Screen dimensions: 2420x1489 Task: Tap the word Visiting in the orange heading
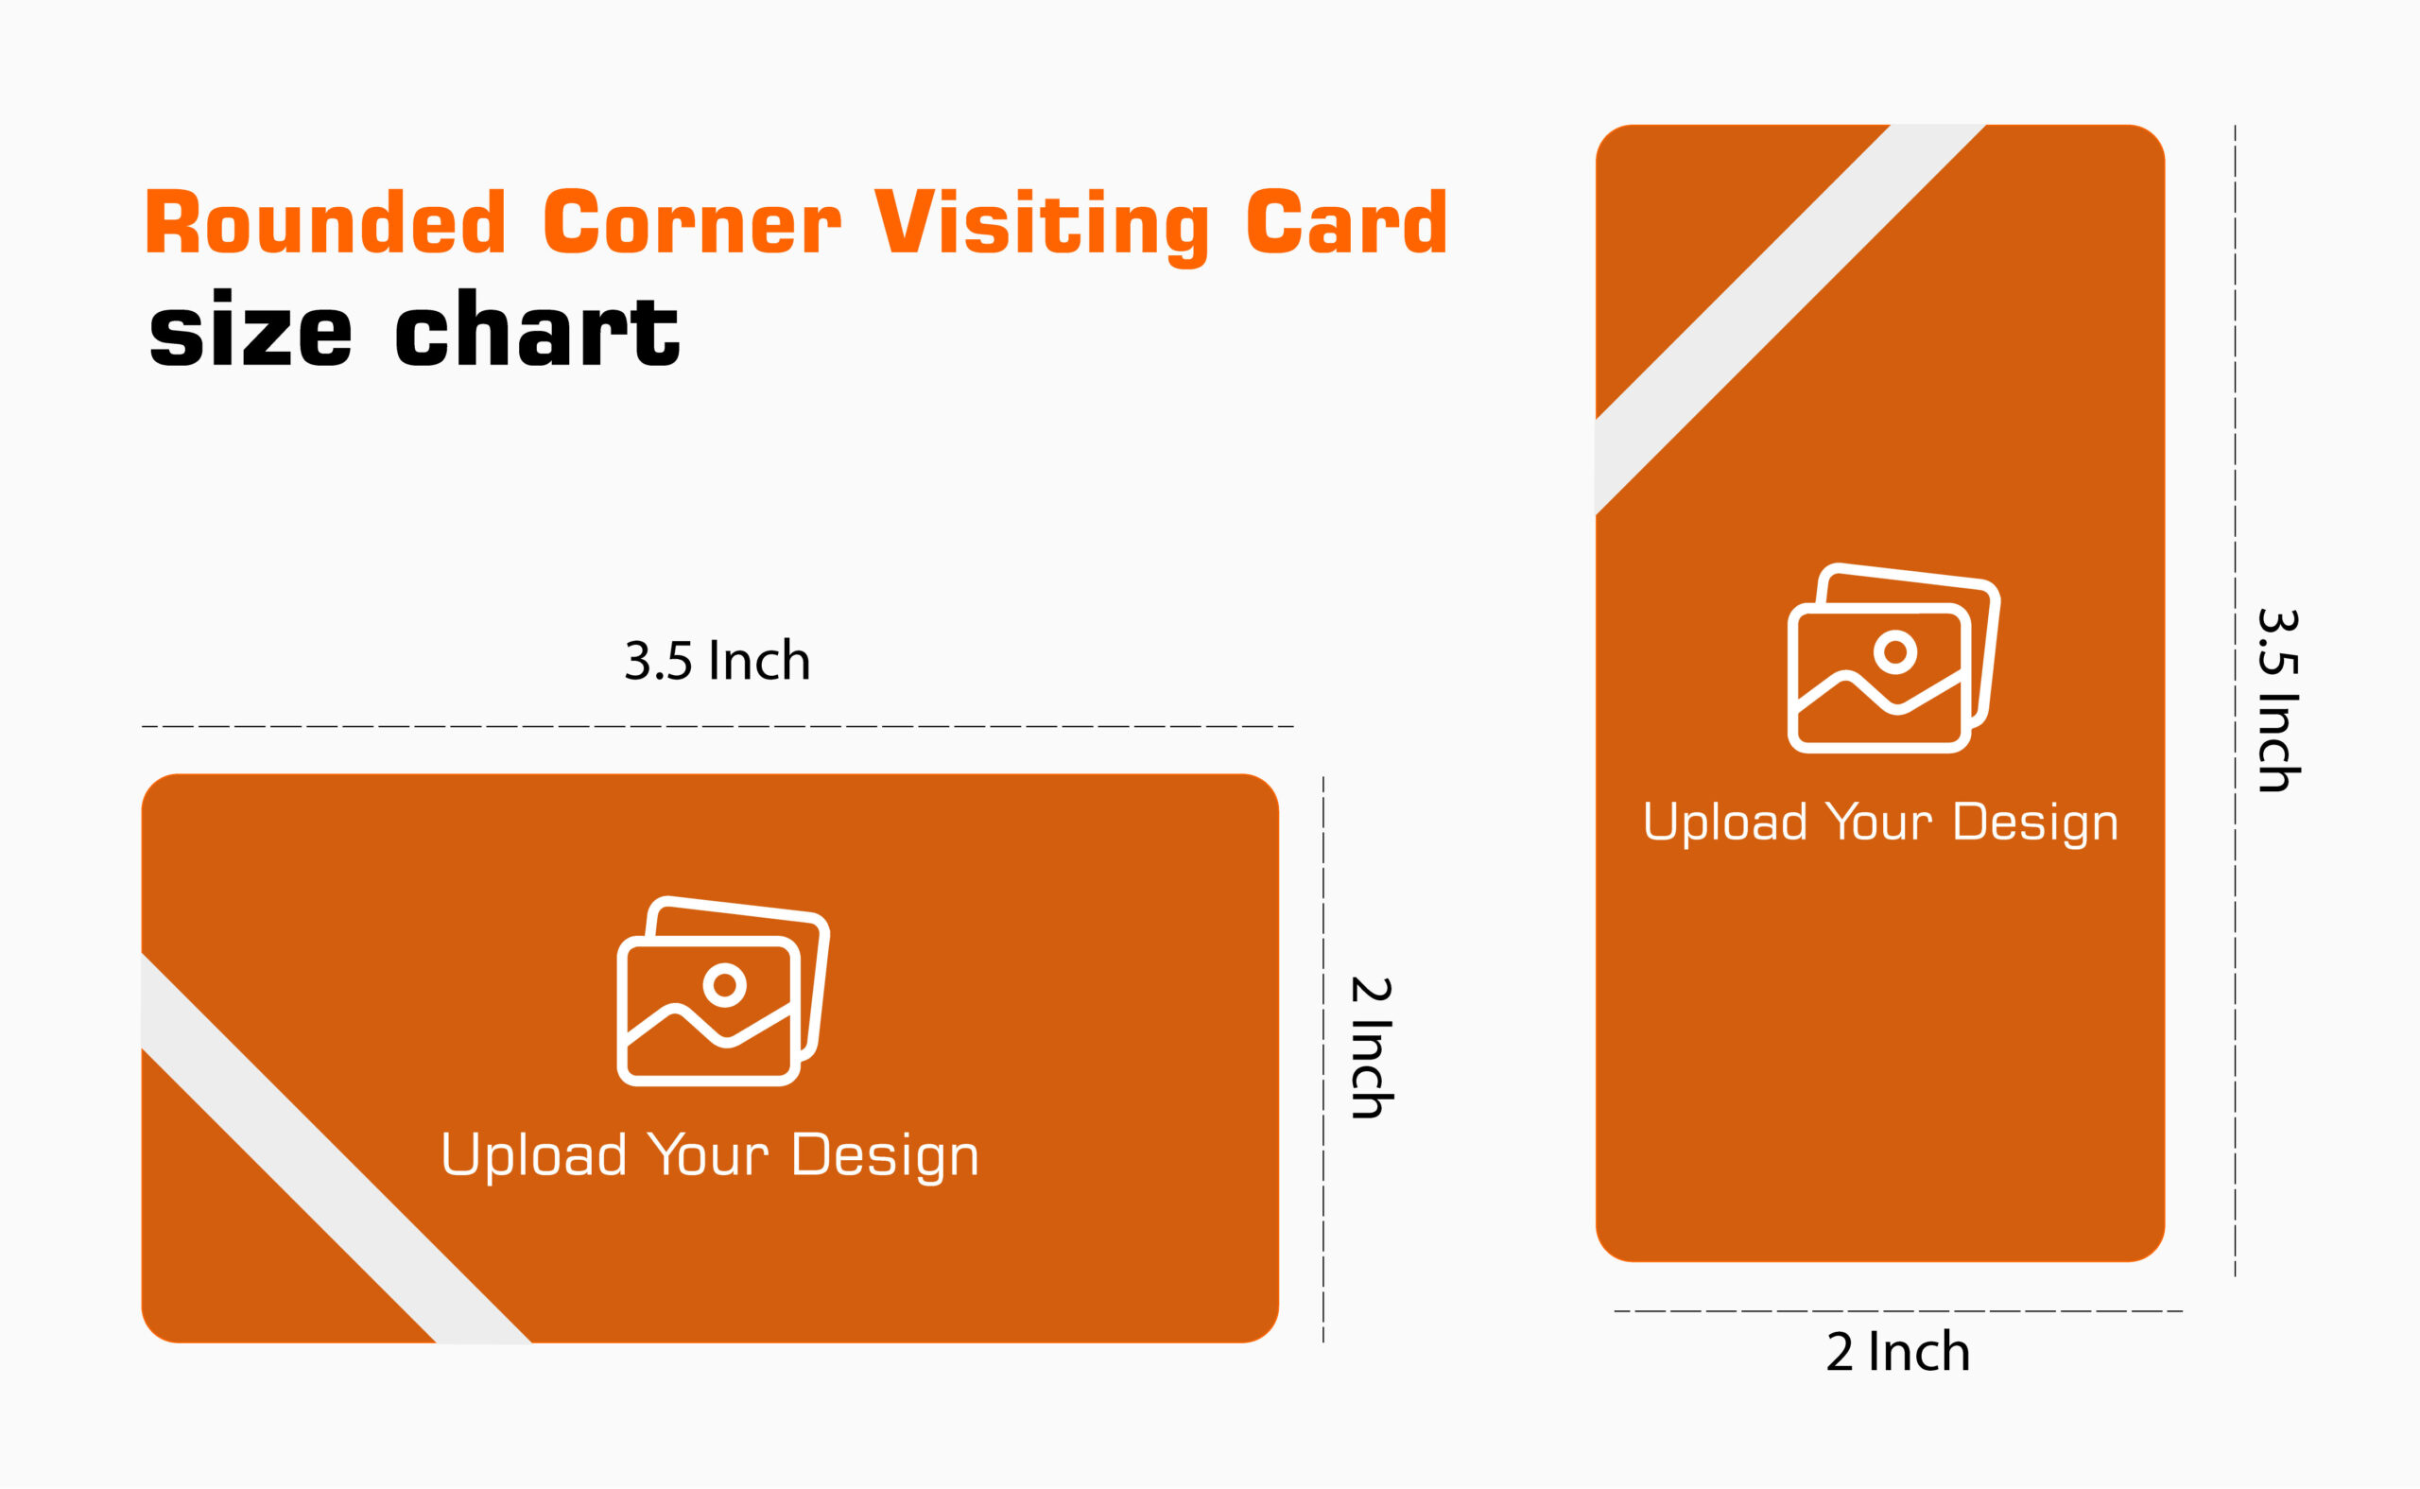[1042, 227]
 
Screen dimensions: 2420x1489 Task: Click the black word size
[251, 329]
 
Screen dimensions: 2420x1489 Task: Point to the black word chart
[538, 329]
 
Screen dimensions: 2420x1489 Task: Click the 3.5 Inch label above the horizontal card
[717, 661]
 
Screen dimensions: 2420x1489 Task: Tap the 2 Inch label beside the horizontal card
[1372, 1047]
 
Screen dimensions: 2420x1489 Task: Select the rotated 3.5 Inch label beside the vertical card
[2279, 701]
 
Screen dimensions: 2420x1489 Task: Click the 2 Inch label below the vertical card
[1898, 1352]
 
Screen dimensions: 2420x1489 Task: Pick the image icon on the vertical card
[1894, 658]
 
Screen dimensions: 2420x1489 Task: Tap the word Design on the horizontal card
[885, 1156]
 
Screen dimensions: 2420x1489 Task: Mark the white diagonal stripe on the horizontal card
[337, 1149]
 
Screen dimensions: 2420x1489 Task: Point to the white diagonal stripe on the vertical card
[1789, 320]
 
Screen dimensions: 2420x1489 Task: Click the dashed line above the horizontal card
[717, 727]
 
